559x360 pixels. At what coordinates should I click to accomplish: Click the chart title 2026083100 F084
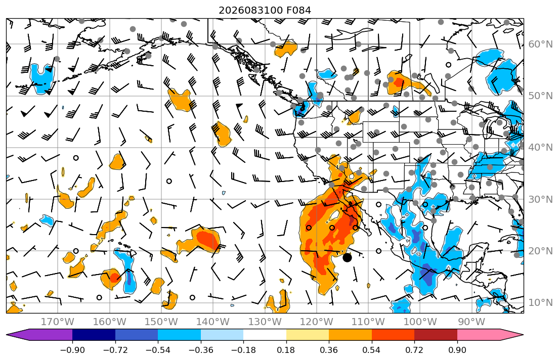(x=265, y=10)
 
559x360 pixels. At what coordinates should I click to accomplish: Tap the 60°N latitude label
(x=540, y=44)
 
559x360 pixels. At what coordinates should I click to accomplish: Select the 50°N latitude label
(x=540, y=96)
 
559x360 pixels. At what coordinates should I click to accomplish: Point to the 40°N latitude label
(x=540, y=148)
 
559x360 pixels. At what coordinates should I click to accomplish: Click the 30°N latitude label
(x=540, y=199)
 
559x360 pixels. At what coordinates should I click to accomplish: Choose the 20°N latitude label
(x=540, y=251)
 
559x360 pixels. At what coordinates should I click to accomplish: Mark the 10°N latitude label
(x=540, y=303)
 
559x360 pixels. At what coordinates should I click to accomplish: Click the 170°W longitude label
(x=58, y=322)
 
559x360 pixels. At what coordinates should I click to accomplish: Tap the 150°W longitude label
(x=161, y=322)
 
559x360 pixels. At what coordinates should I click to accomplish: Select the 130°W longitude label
(x=265, y=322)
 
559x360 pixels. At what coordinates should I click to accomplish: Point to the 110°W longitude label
(x=368, y=322)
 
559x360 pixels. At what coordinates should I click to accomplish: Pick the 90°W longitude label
(x=471, y=322)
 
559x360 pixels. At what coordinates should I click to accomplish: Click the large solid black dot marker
(x=347, y=257)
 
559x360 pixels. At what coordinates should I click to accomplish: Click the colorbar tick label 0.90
(x=457, y=350)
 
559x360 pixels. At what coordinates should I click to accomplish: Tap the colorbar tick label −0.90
(x=72, y=350)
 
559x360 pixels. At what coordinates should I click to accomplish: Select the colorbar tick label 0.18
(x=286, y=350)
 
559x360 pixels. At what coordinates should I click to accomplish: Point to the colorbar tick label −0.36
(x=201, y=350)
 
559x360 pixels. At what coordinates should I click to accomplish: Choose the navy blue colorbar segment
(x=94, y=335)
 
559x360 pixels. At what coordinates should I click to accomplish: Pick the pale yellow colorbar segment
(x=308, y=335)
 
